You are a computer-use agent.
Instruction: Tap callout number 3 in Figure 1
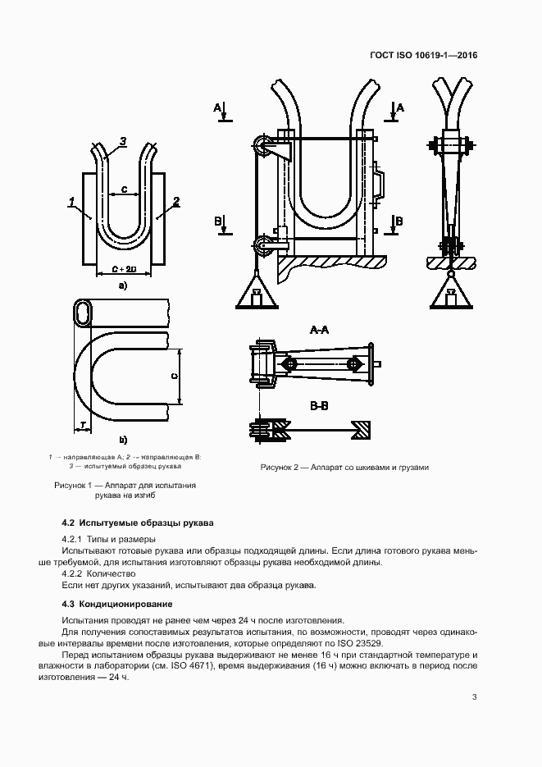tap(122, 142)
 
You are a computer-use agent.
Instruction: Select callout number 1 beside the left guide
tap(72, 201)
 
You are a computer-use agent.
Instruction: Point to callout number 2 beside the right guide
tap(176, 201)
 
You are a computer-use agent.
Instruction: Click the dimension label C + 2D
tap(123, 268)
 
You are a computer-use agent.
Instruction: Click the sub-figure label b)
tap(123, 441)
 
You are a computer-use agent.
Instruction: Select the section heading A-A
tap(320, 330)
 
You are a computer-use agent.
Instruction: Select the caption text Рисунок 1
tap(75, 486)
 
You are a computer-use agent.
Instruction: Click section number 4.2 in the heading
tap(69, 523)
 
